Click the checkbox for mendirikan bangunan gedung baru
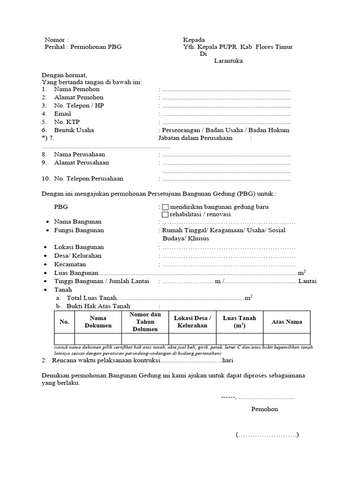pos(165,207)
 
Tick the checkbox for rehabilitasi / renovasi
pos(165,215)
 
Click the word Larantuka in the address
pos(228,60)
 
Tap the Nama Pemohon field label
pos(76,89)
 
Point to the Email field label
pos(62,114)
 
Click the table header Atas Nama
pos(286,322)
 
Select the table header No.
pos(64,322)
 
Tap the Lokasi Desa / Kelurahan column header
pos(192,322)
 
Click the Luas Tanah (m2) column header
pos(240,322)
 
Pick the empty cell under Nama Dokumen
pos(98,339)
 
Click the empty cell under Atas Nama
pos(286,339)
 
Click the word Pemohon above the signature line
pos(264,409)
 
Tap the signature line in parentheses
pos(267,435)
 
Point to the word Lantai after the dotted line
pos(307,281)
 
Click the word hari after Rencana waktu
pos(227,360)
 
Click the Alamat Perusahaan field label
pos(81,163)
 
